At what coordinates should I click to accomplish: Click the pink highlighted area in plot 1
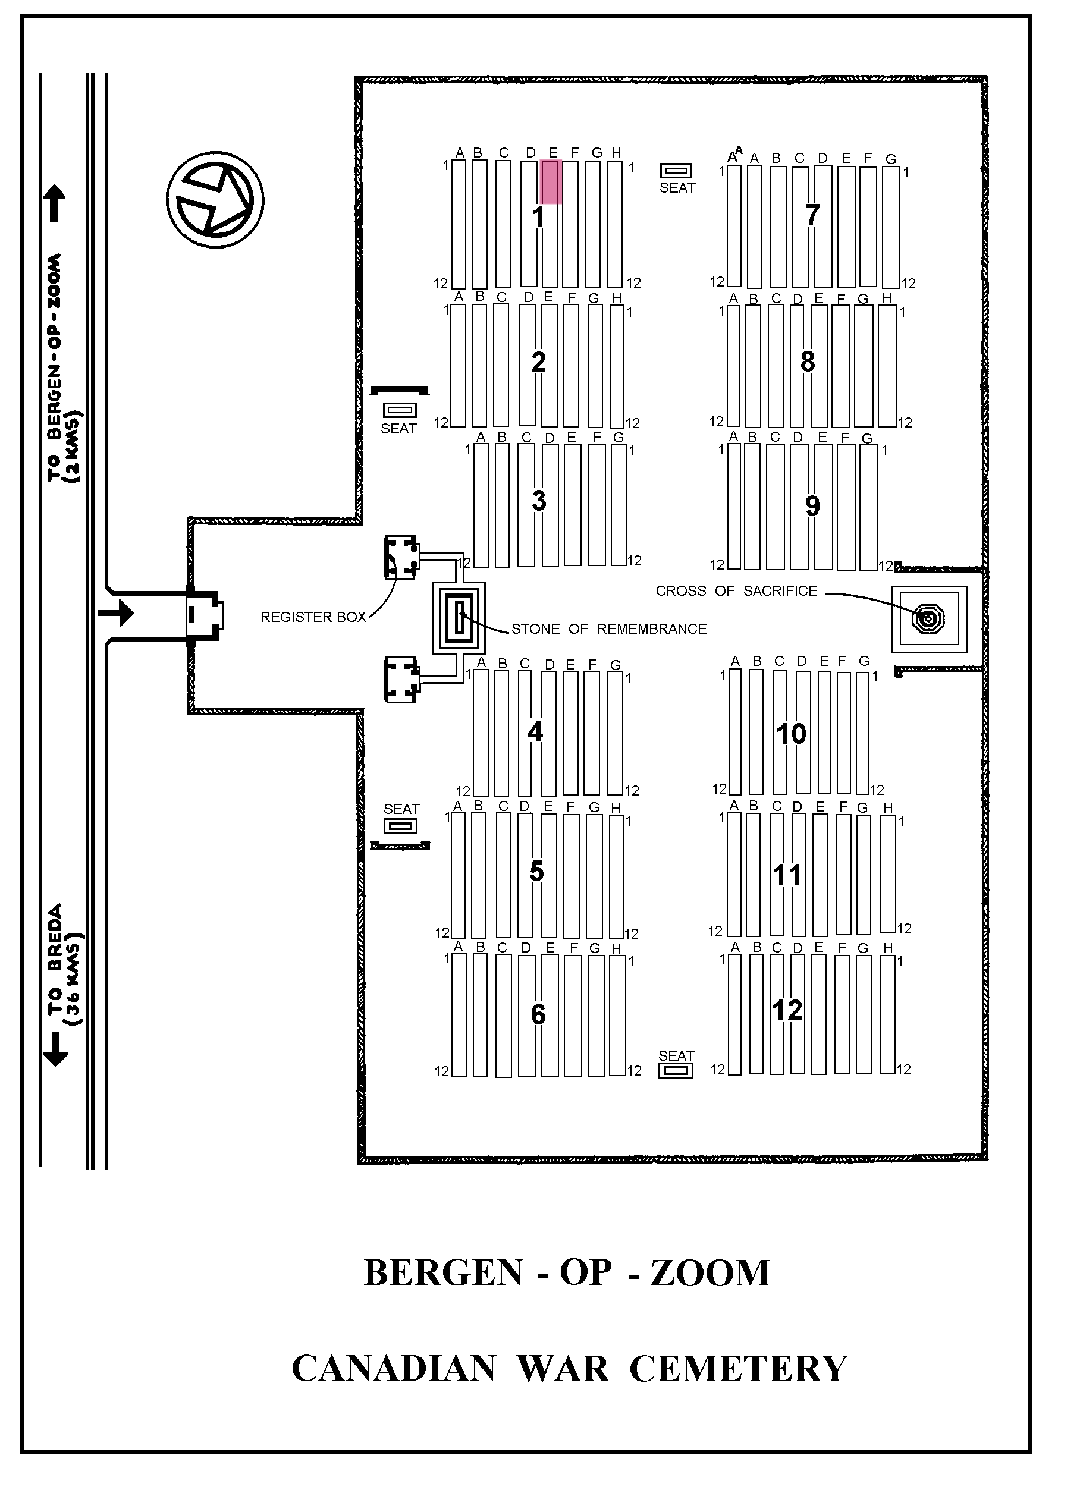(x=551, y=181)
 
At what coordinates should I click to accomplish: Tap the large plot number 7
(x=812, y=215)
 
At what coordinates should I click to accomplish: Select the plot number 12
(x=787, y=1010)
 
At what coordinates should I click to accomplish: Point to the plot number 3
(x=539, y=501)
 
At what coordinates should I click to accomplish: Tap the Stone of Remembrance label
(x=608, y=629)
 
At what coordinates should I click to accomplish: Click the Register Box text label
(x=313, y=617)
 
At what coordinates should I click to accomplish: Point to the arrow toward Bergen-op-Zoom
(x=55, y=203)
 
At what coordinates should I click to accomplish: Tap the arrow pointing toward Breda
(x=55, y=1048)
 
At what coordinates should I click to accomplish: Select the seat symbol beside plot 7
(x=676, y=171)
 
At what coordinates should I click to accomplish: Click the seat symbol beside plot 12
(x=676, y=1071)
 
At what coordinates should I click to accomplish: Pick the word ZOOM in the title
(x=710, y=1273)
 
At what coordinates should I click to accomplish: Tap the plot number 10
(x=791, y=734)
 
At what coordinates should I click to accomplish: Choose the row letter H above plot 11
(x=888, y=807)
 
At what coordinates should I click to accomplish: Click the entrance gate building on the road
(x=204, y=615)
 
